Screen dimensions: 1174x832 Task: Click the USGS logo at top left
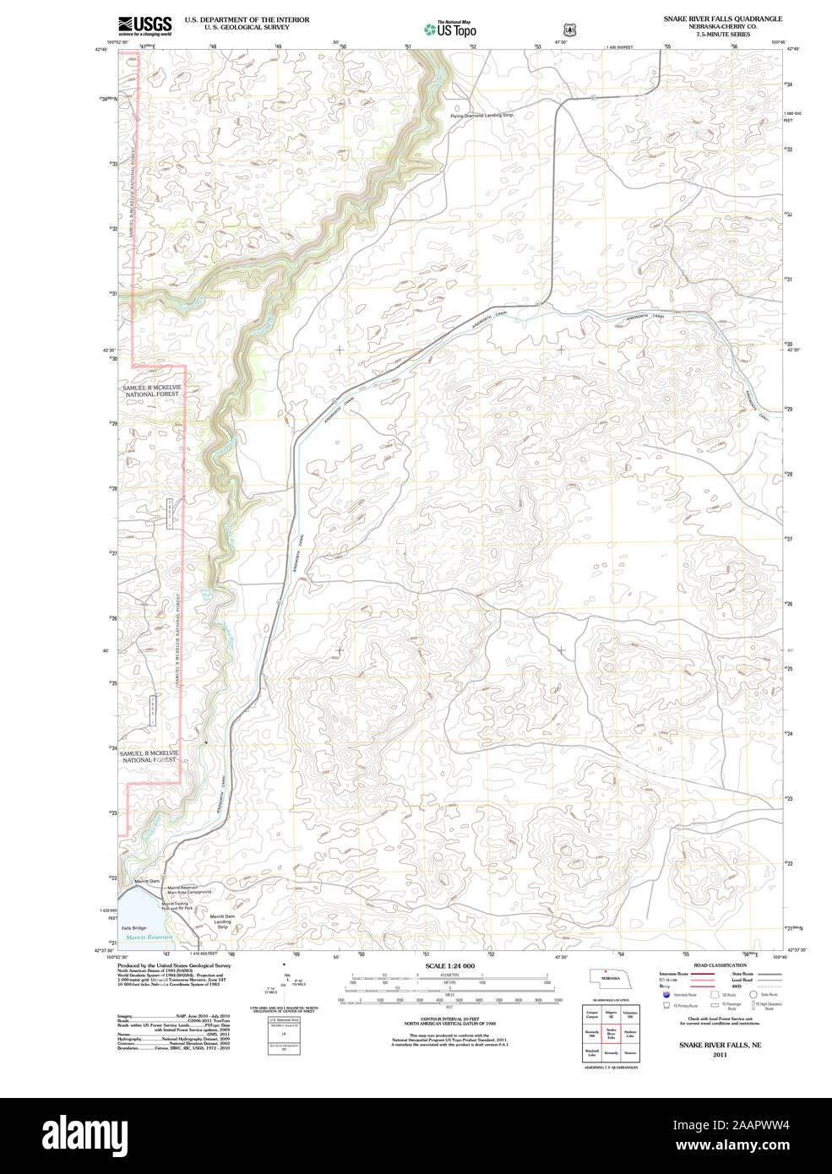click(x=145, y=25)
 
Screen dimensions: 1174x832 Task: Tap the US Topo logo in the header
click(x=450, y=30)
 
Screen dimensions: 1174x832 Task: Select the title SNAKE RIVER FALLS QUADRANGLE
click(x=722, y=19)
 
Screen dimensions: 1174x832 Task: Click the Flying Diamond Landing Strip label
click(x=481, y=115)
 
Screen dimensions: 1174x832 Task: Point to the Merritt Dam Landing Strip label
click(x=222, y=921)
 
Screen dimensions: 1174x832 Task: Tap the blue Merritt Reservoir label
click(x=149, y=938)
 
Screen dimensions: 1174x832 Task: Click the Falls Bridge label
click(x=133, y=927)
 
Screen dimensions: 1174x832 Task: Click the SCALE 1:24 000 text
click(x=449, y=966)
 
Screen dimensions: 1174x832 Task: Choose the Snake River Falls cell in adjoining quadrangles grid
click(x=611, y=1032)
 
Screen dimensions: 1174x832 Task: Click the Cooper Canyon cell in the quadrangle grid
click(x=592, y=1013)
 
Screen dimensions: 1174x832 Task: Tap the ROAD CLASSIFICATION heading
click(x=720, y=965)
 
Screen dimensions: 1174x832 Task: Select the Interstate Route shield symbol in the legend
click(x=666, y=995)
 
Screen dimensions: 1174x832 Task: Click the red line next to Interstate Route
click(x=697, y=974)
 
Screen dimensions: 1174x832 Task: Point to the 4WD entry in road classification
click(x=737, y=986)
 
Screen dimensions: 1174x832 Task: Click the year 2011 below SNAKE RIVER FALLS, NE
click(x=720, y=1055)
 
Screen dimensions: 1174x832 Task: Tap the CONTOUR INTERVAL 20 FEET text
click(x=449, y=1019)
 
